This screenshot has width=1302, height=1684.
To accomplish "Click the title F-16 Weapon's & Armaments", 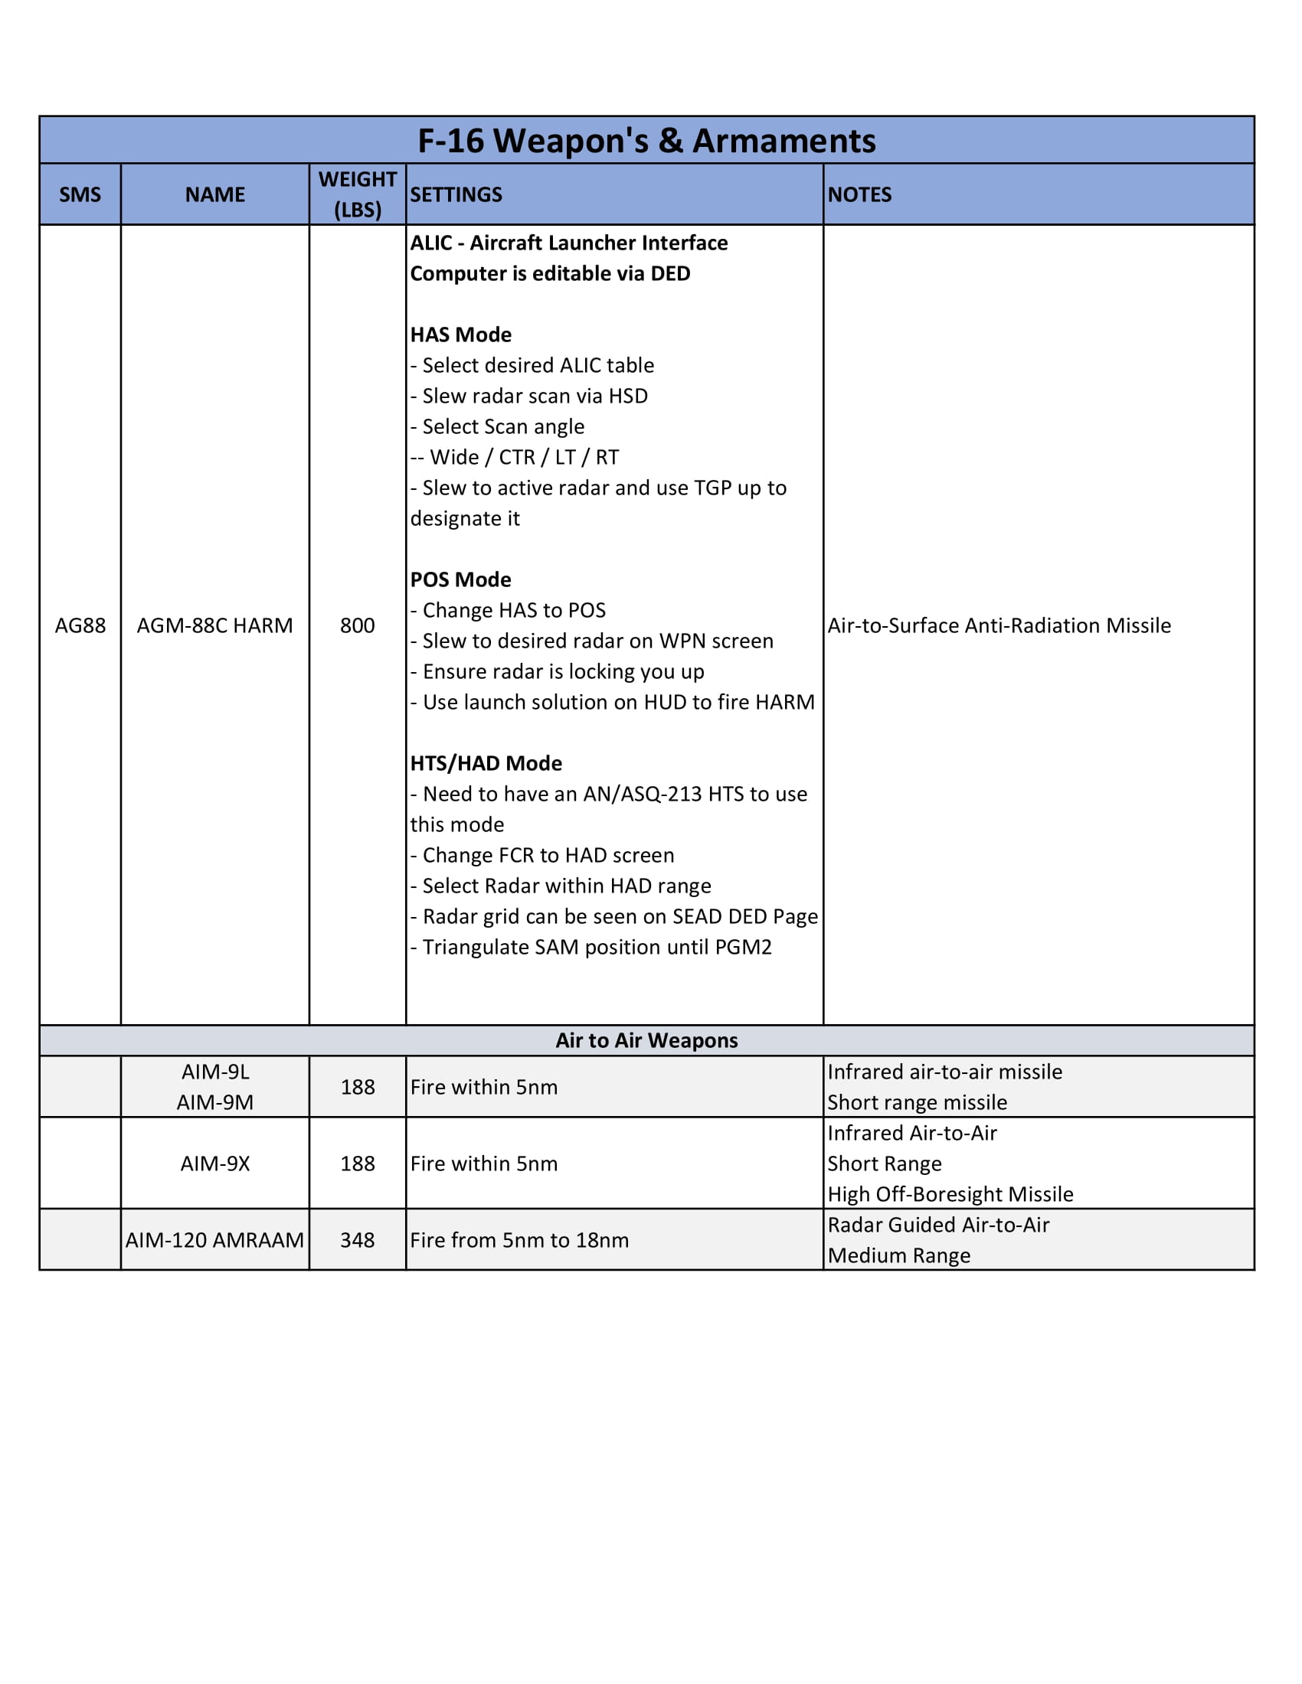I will coord(646,141).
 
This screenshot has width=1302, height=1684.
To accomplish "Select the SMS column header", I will coord(80,194).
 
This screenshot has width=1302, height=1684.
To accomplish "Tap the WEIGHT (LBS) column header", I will coord(357,194).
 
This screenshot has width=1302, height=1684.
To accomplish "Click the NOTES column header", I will coord(859,194).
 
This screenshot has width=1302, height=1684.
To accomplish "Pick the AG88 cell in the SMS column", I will coord(80,625).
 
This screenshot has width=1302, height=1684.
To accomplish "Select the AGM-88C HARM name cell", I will coord(214,625).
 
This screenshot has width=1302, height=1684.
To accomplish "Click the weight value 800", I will coord(357,625).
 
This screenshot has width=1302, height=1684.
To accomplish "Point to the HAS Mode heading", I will coord(460,335).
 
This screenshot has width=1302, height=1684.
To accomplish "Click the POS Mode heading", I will coord(460,580).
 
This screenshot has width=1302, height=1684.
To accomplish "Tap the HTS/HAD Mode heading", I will coord(486,763).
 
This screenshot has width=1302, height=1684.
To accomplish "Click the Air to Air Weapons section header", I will coord(646,1040).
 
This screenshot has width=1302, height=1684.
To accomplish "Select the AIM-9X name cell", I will coord(214,1163).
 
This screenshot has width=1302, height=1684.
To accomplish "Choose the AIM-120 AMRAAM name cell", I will coord(214,1240).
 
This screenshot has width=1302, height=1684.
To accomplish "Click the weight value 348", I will coord(357,1240).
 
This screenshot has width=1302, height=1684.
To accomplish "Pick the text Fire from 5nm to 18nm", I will coord(519,1240).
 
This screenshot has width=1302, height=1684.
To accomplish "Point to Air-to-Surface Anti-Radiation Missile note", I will coord(999,625).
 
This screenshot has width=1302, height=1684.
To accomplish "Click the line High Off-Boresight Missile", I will coord(950,1194).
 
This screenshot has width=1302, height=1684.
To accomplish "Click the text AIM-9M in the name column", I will coord(214,1102).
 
